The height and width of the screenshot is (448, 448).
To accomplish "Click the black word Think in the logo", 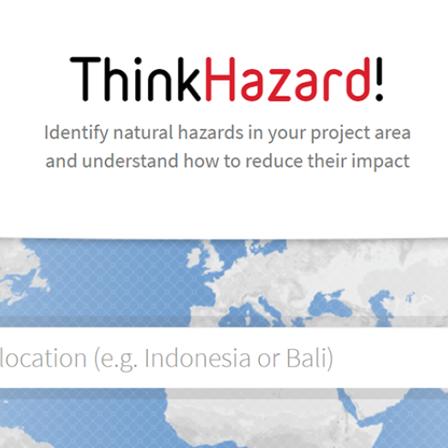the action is point(135,79).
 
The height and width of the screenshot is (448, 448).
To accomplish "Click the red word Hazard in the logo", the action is point(288,79).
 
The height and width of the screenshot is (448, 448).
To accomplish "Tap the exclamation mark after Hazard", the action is point(379,79).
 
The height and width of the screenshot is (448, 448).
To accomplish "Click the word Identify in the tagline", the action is point(76,133).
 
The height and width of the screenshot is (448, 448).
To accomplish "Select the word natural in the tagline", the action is point(143,133).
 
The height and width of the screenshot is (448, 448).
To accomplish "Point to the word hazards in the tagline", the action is point(211,133).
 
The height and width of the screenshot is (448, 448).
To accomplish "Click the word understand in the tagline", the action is point(130,161).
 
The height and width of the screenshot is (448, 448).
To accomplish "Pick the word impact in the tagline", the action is point(380,162).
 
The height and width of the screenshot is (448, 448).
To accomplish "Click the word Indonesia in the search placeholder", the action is point(197,357).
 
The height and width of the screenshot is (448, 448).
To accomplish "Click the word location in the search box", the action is point(43,357).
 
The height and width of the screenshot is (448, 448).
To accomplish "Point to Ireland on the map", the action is point(194,256).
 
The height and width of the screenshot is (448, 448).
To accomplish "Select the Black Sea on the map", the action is point(328,304).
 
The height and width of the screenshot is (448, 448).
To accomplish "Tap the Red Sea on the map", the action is point(351,406).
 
